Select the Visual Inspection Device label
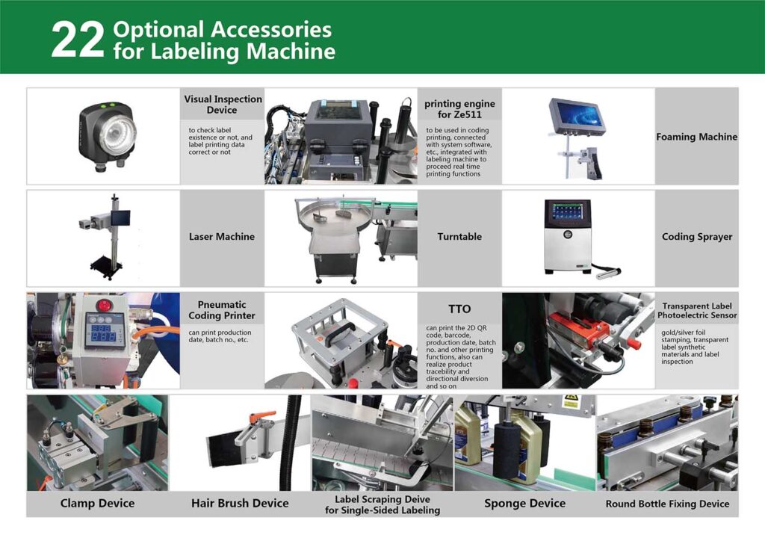click(x=223, y=105)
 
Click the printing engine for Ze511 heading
click(x=459, y=109)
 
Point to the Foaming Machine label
click(x=697, y=137)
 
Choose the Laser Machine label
click(x=222, y=237)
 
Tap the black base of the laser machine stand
click(x=106, y=268)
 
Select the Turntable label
click(x=459, y=237)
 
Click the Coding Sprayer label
click(x=697, y=237)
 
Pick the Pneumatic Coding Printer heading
click(x=222, y=310)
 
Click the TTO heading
click(x=459, y=309)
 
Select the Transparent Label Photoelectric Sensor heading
click(x=697, y=310)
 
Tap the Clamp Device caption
click(x=98, y=503)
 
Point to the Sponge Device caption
click(x=525, y=504)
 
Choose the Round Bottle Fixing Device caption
click(x=667, y=504)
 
